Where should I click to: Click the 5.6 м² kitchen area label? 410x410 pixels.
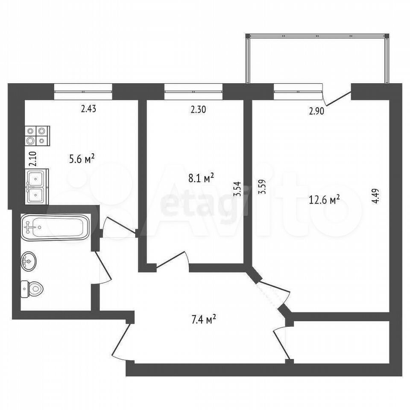tap(82, 159)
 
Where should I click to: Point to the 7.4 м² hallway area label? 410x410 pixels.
tap(202, 318)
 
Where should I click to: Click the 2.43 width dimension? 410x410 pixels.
tap(88, 108)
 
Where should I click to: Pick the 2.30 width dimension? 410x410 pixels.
tap(198, 109)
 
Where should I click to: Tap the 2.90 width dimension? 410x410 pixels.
tap(317, 112)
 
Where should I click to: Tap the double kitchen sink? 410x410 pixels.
tap(37, 186)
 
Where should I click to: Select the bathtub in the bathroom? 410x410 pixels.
tap(55, 226)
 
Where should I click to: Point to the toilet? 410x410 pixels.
tap(32, 290)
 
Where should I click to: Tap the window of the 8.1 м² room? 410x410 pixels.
tap(194, 91)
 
